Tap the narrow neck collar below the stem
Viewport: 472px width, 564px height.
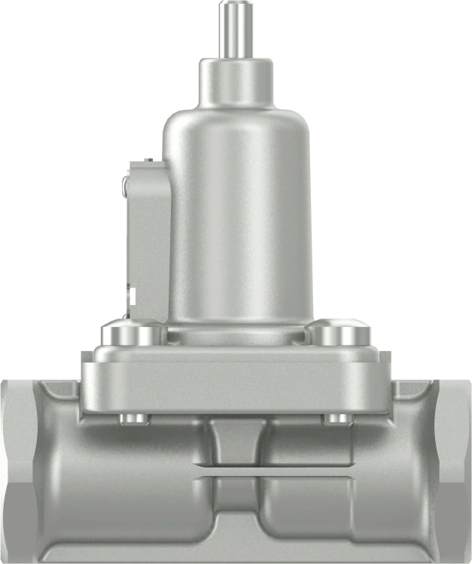click(x=235, y=81)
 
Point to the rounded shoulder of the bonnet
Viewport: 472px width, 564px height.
click(x=236, y=120)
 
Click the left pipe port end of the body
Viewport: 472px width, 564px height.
click(x=19, y=467)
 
